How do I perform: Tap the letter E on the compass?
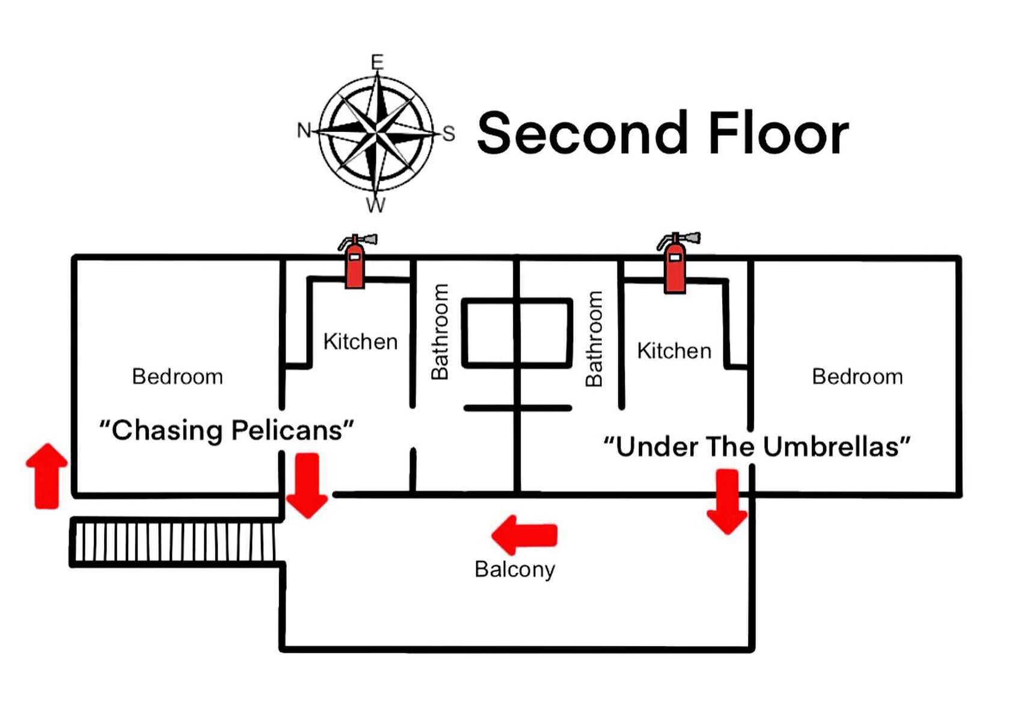point(377,62)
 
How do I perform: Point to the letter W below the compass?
point(376,205)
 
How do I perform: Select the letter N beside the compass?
point(304,130)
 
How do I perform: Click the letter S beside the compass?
point(449,134)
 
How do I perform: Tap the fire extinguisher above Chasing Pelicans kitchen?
point(357,261)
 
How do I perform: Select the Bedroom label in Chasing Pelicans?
point(177,377)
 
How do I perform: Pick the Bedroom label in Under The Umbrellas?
point(857,377)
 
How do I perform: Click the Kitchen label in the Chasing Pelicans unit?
point(360,341)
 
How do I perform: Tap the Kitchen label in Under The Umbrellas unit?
point(674,350)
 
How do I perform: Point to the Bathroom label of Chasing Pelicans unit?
point(440,332)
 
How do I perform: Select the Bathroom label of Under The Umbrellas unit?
point(594,338)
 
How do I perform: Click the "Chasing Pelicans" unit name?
point(226,430)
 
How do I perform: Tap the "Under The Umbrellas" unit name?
point(756,446)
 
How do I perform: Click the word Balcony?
point(515,569)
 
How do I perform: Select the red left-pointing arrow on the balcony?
point(524,534)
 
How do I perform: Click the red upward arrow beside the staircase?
point(47,476)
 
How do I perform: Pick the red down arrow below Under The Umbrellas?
point(727,502)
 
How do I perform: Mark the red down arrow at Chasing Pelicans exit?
point(307,486)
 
